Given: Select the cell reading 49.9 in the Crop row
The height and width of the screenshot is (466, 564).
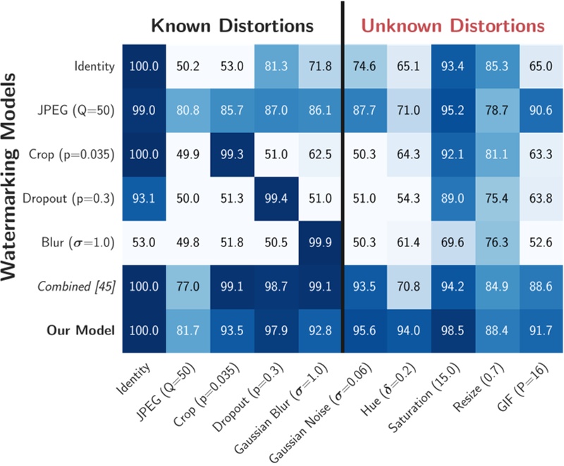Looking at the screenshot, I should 188,154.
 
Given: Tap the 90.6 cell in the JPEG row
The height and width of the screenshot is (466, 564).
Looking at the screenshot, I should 541,110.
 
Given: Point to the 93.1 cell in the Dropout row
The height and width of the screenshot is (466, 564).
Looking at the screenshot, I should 144,199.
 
